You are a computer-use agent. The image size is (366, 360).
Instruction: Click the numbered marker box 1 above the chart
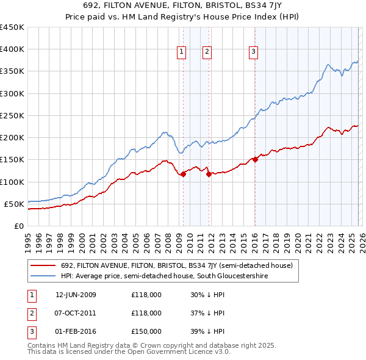(x=182, y=52)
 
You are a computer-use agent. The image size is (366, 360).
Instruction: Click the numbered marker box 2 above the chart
(x=207, y=52)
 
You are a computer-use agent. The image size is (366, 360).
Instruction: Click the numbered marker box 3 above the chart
(x=253, y=52)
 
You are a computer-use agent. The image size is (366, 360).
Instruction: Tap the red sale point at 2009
(x=183, y=174)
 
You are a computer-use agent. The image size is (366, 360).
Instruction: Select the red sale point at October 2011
(x=208, y=174)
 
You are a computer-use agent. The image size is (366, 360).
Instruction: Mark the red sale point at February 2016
(x=255, y=160)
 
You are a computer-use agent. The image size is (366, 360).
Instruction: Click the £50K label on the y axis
(x=15, y=204)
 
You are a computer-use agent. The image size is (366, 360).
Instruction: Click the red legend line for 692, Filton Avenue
(x=44, y=266)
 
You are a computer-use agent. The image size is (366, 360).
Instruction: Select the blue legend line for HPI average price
(x=44, y=276)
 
